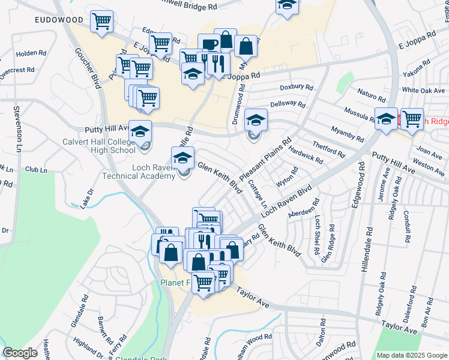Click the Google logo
20,353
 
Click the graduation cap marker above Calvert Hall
140,131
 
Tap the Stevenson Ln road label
19,129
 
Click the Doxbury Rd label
296,88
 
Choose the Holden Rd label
27,53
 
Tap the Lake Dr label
87,199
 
